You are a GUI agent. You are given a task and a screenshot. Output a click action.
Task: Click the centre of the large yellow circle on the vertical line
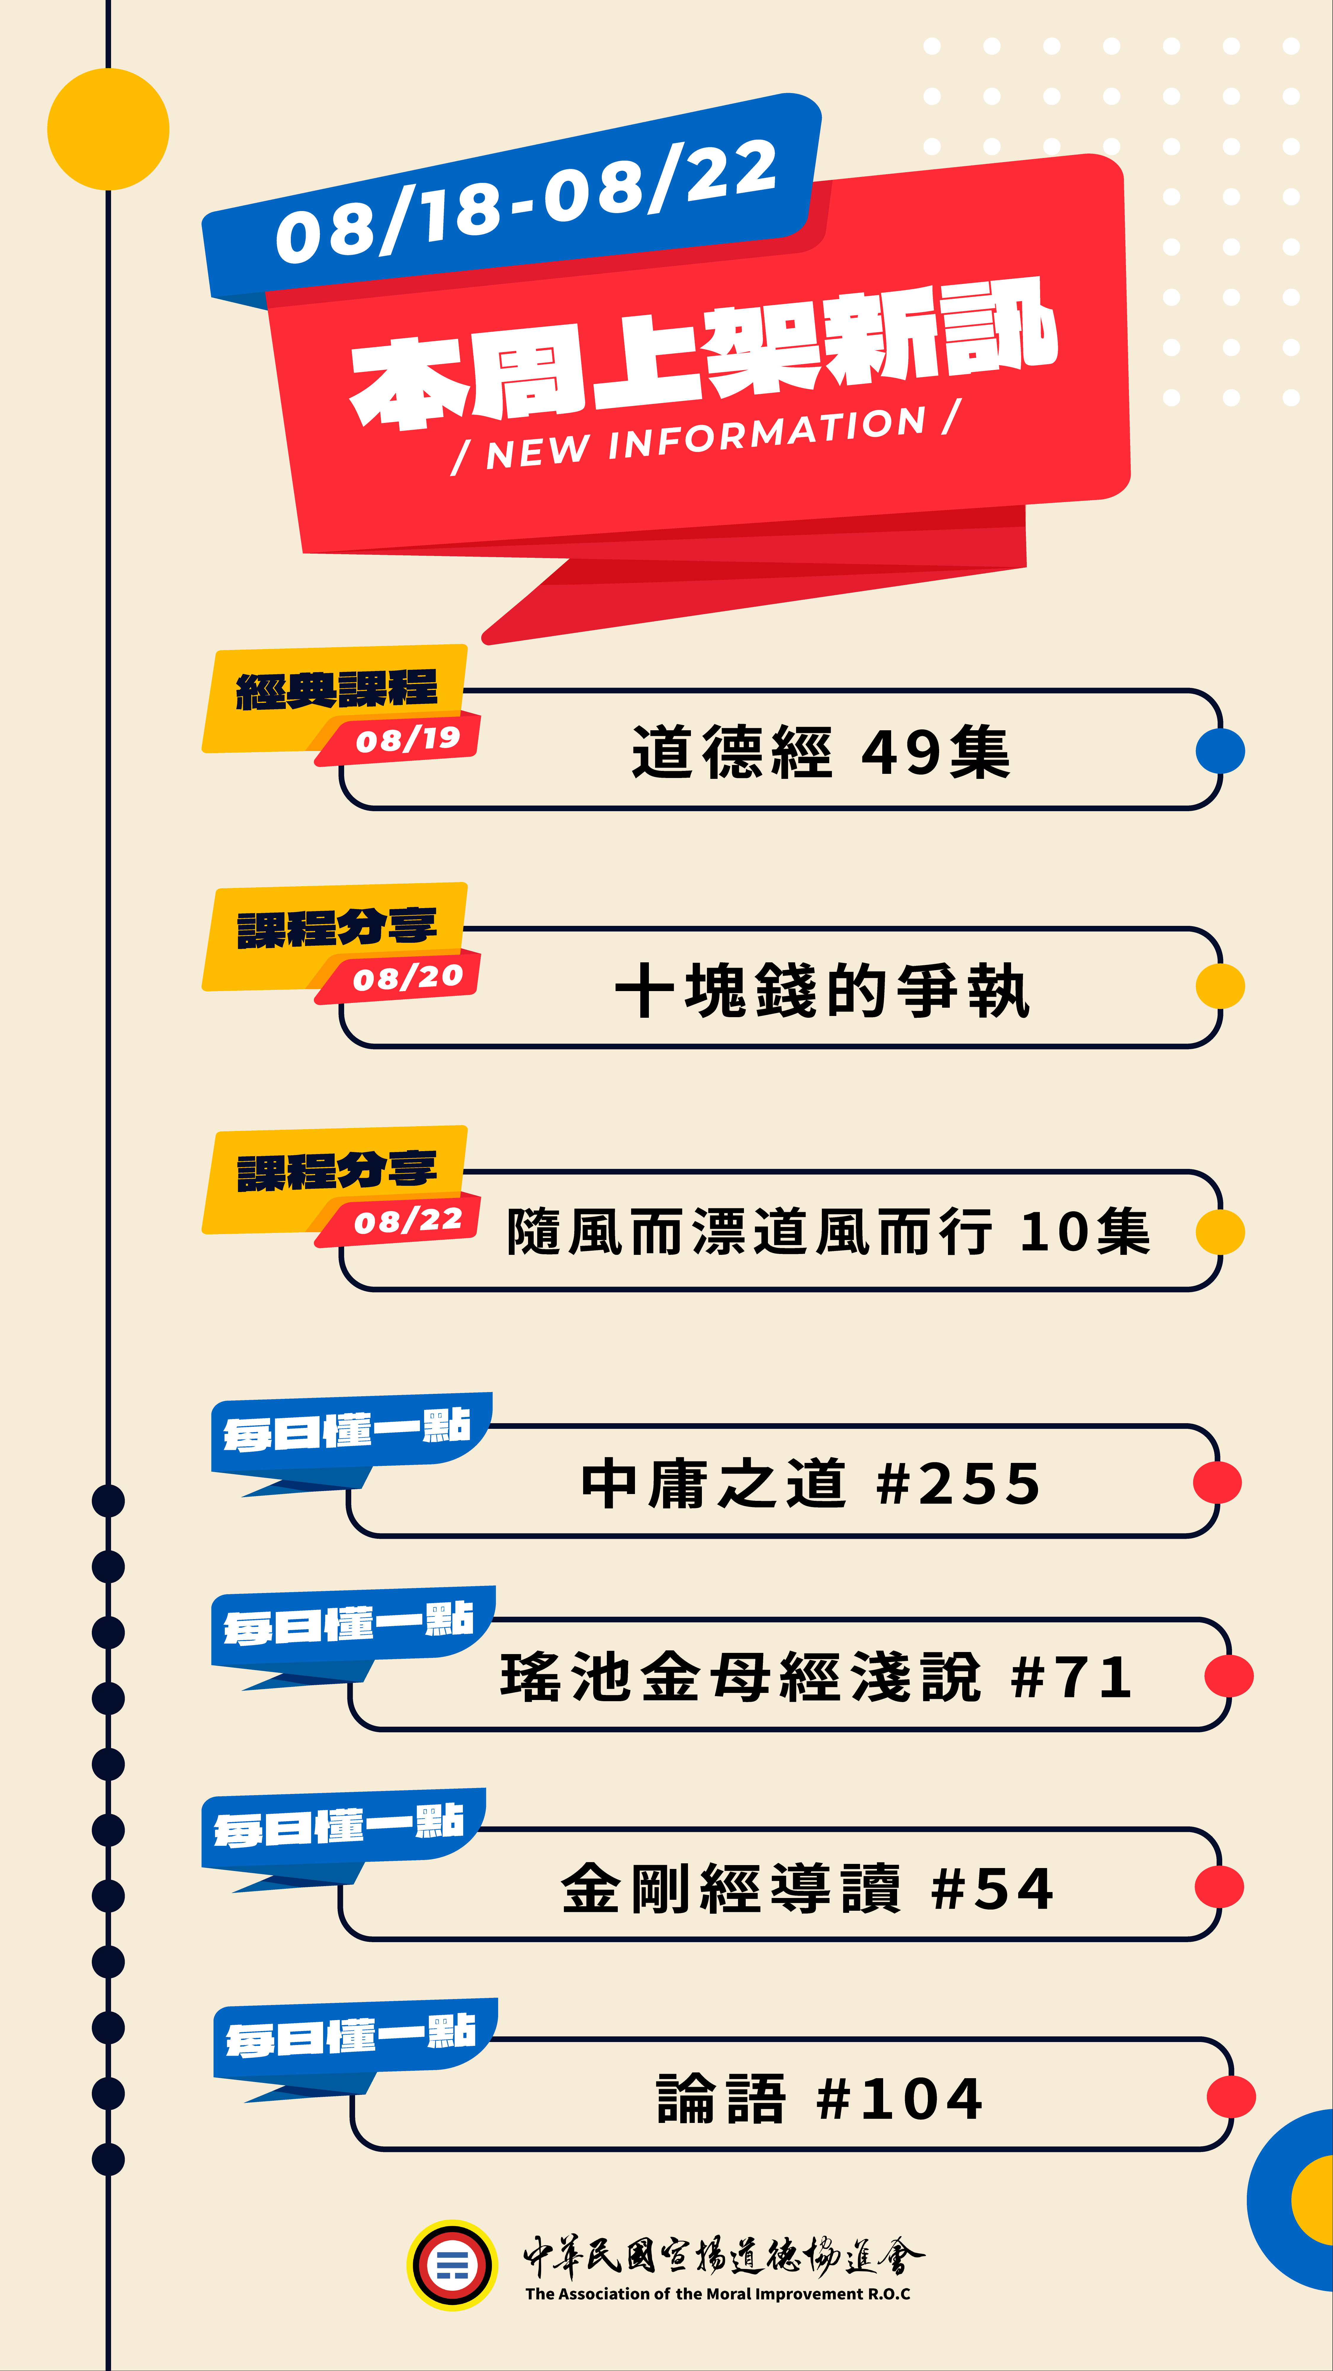109,129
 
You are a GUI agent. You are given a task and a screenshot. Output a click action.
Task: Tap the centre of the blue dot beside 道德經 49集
1220,751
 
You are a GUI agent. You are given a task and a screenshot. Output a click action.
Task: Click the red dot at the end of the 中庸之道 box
1217,1483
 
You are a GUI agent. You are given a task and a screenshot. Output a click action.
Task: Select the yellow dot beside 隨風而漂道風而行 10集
1220,1231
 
